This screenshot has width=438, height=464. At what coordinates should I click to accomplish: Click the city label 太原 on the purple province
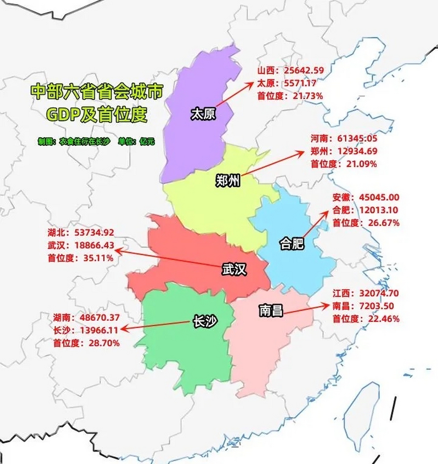[x=203, y=114]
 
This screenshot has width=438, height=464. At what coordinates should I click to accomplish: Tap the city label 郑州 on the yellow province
[x=228, y=180]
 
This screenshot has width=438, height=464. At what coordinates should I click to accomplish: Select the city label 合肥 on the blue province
[x=292, y=244]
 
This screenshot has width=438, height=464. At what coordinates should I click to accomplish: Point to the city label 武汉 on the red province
[x=234, y=269]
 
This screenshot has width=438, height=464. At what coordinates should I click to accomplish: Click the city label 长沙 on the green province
[x=205, y=322]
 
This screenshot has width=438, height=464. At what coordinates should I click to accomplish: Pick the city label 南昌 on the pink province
[x=271, y=310]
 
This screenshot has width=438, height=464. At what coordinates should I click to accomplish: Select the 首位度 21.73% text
[x=290, y=96]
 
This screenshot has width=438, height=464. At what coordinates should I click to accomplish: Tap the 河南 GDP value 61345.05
[x=357, y=138]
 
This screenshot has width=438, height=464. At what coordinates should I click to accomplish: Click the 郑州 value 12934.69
[x=357, y=151]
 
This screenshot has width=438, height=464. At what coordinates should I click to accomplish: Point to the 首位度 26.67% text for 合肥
[x=366, y=223]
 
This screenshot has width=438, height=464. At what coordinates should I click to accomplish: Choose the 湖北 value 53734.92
[x=94, y=232]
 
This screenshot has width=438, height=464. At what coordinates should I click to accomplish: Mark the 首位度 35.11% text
[x=80, y=258]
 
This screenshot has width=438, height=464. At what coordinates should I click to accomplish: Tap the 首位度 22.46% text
[x=366, y=319]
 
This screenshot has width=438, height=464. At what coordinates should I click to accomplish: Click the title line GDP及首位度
[x=97, y=115]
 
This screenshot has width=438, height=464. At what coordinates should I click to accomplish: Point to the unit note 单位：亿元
[x=136, y=141]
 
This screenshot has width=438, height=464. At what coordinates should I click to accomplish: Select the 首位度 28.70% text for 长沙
[x=86, y=343]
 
